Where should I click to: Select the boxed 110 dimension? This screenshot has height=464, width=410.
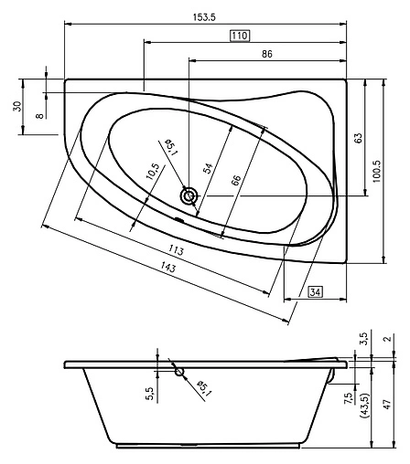[240, 35]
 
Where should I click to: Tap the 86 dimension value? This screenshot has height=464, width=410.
[266, 54]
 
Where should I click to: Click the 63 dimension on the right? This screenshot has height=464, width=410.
[359, 138]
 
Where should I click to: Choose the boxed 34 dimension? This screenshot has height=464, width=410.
[315, 292]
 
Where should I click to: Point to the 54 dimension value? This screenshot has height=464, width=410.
[208, 167]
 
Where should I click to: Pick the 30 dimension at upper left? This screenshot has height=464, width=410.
[16, 106]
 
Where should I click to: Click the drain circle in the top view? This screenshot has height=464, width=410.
[189, 195]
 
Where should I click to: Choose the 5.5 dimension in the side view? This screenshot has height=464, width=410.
[150, 392]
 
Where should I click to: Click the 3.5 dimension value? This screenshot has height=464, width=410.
[363, 338]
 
